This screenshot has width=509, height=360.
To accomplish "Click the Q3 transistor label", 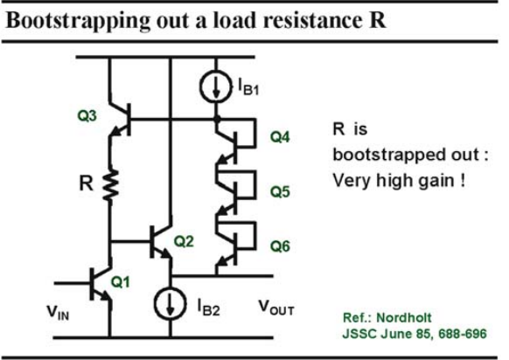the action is pyautogui.click(x=87, y=116).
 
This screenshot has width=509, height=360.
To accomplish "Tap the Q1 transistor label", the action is pyautogui.click(x=121, y=282).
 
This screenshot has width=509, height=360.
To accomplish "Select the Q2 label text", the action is pyautogui.click(x=184, y=241).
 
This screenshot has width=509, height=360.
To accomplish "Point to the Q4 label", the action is pyautogui.click(x=280, y=137).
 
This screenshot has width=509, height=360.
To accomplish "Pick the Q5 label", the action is pyautogui.click(x=280, y=191).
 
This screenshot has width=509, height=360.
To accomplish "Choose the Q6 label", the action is pyautogui.click(x=280, y=246).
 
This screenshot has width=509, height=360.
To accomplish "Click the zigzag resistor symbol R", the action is pyautogui.click(x=110, y=186).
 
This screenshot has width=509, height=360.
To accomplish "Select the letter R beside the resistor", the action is pyautogui.click(x=86, y=183).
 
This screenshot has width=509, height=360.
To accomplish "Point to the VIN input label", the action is pyautogui.click(x=58, y=313).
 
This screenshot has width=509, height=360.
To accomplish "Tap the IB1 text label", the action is pyautogui.click(x=248, y=87).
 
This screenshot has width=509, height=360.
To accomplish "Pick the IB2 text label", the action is pyautogui.click(x=208, y=308).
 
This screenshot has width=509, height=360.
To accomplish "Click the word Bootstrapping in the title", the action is pyautogui.click(x=78, y=21).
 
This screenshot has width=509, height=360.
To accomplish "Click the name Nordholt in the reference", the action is pyautogui.click(x=404, y=318).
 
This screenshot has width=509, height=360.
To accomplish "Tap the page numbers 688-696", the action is pyautogui.click(x=463, y=334).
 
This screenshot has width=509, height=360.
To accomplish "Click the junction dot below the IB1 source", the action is pyautogui.click(x=217, y=120).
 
